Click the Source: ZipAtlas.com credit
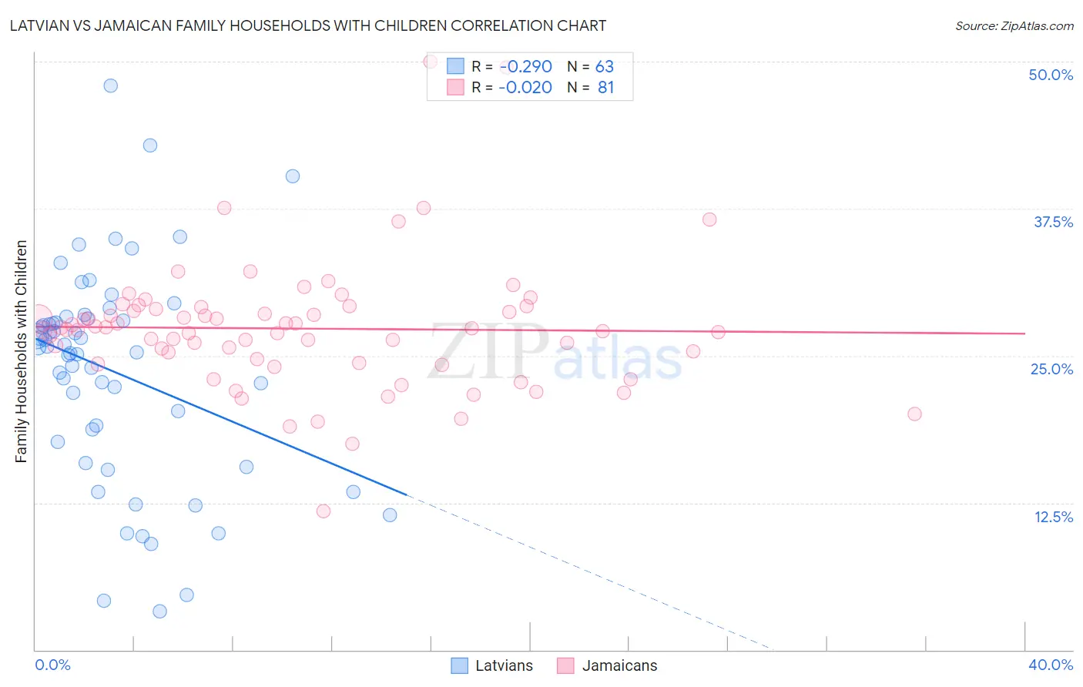click(1014, 25)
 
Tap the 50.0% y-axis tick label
click(1050, 75)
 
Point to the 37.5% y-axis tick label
click(1052, 222)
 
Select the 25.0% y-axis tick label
click(1051, 369)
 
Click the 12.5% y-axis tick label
click(1052, 517)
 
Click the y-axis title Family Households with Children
click(21, 351)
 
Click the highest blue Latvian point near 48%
click(111, 85)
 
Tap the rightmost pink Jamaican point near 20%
click(914, 414)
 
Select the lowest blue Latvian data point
click(159, 612)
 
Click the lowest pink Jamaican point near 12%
click(324, 511)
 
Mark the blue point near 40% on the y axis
click(293, 176)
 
